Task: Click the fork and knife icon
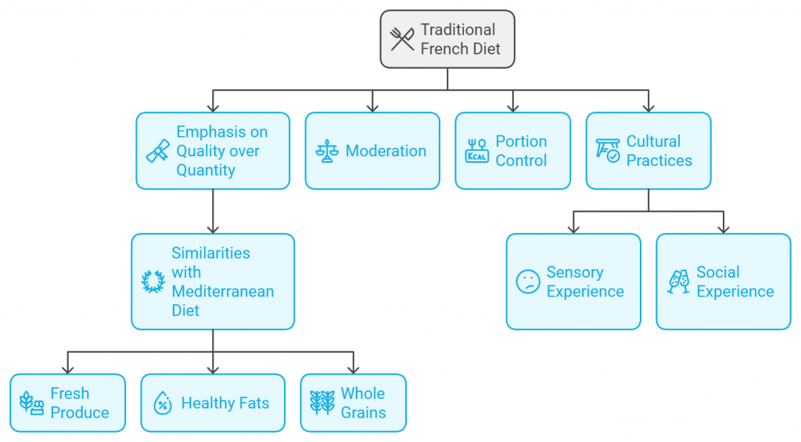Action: [x=402, y=39]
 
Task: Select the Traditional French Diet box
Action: [x=447, y=39]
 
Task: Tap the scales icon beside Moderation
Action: [x=325, y=151]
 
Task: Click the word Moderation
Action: [x=386, y=151]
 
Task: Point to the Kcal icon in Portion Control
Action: [x=476, y=151]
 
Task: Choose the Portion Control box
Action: [x=513, y=151]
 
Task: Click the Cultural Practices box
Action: [x=648, y=151]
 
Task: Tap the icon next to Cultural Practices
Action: [x=608, y=151]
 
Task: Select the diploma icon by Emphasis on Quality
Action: [x=158, y=151]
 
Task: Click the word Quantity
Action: [x=206, y=170]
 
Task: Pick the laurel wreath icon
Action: [x=153, y=282]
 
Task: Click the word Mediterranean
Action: [x=223, y=291]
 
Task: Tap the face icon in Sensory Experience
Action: [x=528, y=282]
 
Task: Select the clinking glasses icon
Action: [x=678, y=282]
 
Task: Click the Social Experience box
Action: [x=724, y=282]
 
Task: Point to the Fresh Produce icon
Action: [x=31, y=404]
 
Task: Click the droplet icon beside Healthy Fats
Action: [x=163, y=404]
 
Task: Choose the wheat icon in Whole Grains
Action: [x=322, y=404]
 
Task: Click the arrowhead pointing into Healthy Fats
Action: [x=213, y=369]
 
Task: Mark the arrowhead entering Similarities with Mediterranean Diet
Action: [x=213, y=228]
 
